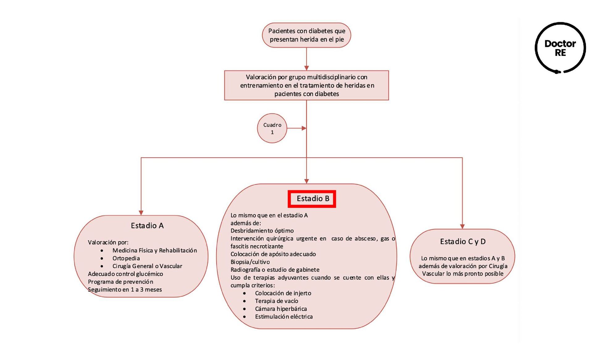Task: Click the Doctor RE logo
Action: click(x=560, y=48)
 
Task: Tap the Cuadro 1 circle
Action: click(x=272, y=128)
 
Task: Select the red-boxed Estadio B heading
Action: click(x=312, y=199)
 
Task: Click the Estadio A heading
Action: click(x=147, y=226)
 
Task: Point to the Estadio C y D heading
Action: click(x=463, y=241)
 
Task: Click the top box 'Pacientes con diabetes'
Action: click(x=306, y=35)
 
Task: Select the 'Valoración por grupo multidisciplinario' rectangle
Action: click(x=306, y=85)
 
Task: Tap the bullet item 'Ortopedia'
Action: click(x=126, y=258)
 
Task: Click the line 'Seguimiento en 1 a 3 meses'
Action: click(x=125, y=290)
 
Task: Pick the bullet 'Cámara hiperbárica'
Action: click(x=281, y=309)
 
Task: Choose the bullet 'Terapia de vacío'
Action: click(x=276, y=301)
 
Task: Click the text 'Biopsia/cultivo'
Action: click(x=250, y=262)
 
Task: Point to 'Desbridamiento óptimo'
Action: click(x=262, y=231)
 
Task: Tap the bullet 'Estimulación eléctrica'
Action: click(x=284, y=316)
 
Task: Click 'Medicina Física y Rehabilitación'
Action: click(x=154, y=250)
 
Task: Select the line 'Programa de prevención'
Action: click(x=120, y=282)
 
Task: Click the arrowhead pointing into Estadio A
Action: click(x=141, y=213)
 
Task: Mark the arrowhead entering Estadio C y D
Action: click(x=462, y=226)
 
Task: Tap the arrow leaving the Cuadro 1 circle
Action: click(x=296, y=128)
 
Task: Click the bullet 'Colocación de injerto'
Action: click(x=283, y=293)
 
